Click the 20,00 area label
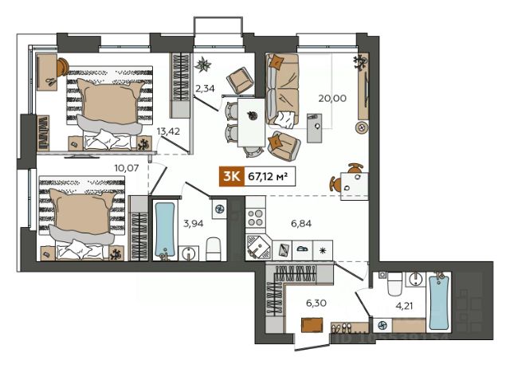(332, 98)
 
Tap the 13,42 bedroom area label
(168, 131)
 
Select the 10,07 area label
(127, 168)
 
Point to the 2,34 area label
(205, 88)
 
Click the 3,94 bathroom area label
(193, 223)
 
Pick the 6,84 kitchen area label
(301, 223)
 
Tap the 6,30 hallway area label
(316, 303)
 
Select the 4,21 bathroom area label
(404, 306)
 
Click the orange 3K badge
(232, 177)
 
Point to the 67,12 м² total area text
(268, 177)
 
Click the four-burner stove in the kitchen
(255, 217)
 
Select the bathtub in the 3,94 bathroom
(165, 230)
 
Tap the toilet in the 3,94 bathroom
(214, 249)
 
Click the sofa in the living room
(282, 89)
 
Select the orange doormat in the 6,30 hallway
(312, 325)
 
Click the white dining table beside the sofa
(251, 123)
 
